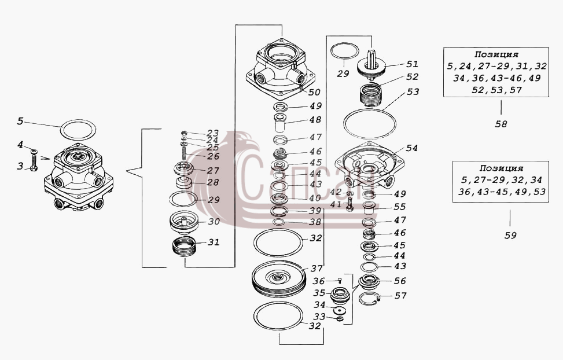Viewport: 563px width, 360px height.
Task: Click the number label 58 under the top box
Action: (501, 124)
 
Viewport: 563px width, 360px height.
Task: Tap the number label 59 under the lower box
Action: (510, 236)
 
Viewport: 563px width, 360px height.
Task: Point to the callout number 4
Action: (20, 145)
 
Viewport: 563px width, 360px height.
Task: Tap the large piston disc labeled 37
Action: (279, 279)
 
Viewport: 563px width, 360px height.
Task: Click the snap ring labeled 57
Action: (370, 299)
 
